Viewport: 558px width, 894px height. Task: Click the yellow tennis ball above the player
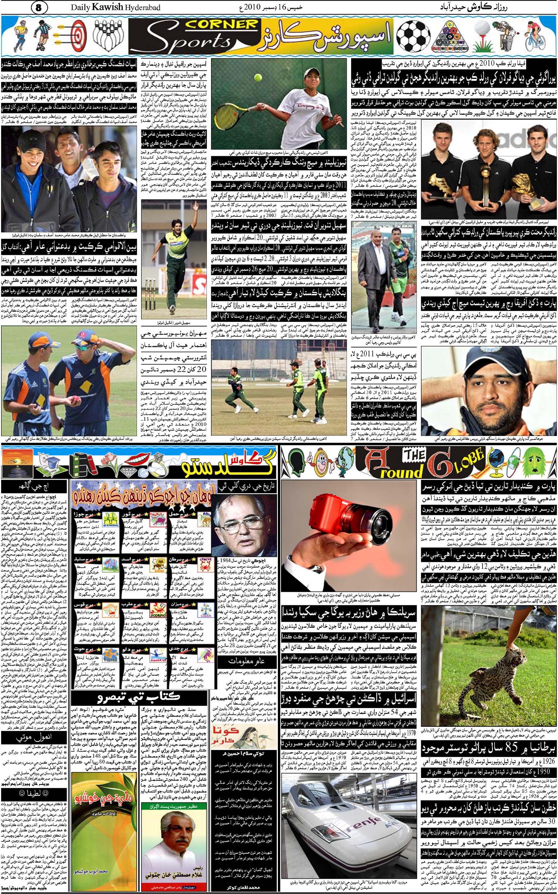click(258, 77)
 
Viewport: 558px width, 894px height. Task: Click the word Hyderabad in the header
click(143, 7)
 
